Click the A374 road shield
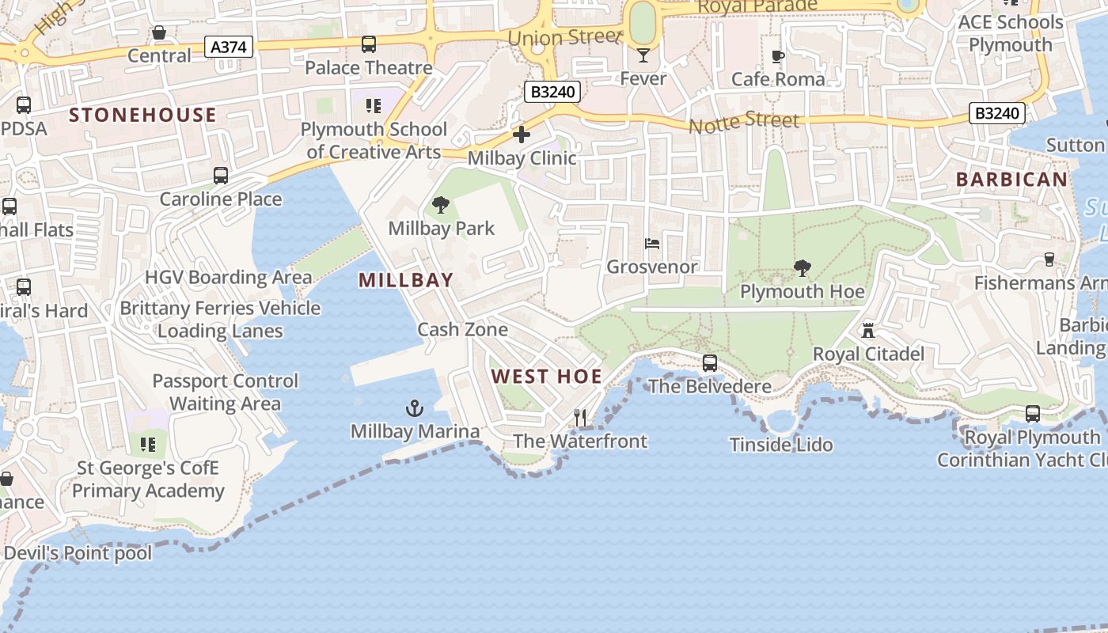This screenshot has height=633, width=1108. pyautogui.click(x=230, y=47)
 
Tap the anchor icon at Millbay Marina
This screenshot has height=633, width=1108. pyautogui.click(x=415, y=408)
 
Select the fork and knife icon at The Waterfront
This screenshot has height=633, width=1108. pyautogui.click(x=580, y=418)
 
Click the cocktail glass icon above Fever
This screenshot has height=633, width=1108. pyautogui.click(x=643, y=55)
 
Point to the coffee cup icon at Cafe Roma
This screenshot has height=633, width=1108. pyautogui.click(x=778, y=56)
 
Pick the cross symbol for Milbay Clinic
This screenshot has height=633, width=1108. pyautogui.click(x=522, y=135)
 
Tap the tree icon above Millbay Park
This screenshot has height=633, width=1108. pyautogui.click(x=441, y=206)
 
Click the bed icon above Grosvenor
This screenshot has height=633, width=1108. pyautogui.click(x=652, y=244)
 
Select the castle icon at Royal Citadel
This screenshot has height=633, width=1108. pyautogui.click(x=868, y=331)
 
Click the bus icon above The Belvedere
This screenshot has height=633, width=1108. pyautogui.click(x=710, y=363)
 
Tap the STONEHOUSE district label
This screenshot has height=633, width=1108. pyautogui.click(x=142, y=116)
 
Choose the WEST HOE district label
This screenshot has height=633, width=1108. pyautogui.click(x=546, y=377)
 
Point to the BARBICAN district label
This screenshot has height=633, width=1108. pyautogui.click(x=1011, y=180)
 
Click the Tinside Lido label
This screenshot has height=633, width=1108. pyautogui.click(x=781, y=445)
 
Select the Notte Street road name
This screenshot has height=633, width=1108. pyautogui.click(x=744, y=122)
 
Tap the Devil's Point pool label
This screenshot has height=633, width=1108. pyautogui.click(x=78, y=552)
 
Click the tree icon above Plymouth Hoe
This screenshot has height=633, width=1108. pyautogui.click(x=803, y=268)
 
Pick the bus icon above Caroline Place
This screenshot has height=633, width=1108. pyautogui.click(x=221, y=176)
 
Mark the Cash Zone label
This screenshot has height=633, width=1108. pyautogui.click(x=463, y=329)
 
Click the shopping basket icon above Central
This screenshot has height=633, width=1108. pyautogui.click(x=159, y=32)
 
